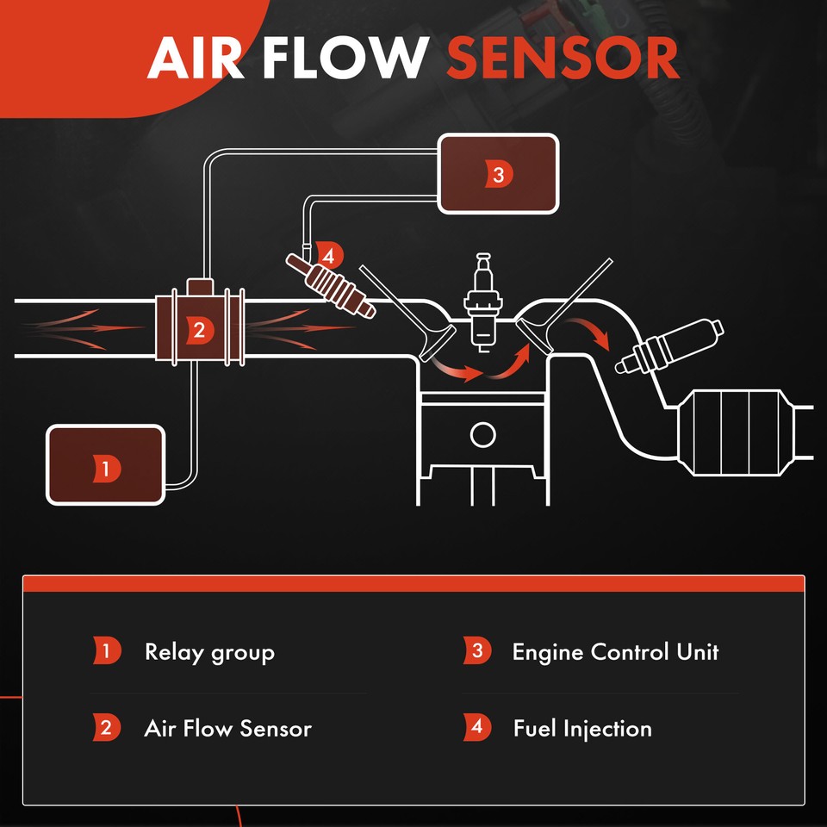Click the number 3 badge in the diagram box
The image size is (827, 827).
[498, 174]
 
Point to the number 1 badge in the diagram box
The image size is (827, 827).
[105, 469]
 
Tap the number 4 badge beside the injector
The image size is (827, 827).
[329, 256]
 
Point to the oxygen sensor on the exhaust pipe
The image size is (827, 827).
[668, 346]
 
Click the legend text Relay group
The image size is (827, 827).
[209, 651]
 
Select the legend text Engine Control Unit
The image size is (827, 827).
[615, 651]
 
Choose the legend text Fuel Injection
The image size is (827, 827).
[582, 729]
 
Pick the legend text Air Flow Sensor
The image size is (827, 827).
[227, 729]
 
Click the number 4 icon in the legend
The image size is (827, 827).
[477, 728]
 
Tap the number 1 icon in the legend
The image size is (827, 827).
[106, 650]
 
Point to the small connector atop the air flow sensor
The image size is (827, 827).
[200, 286]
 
